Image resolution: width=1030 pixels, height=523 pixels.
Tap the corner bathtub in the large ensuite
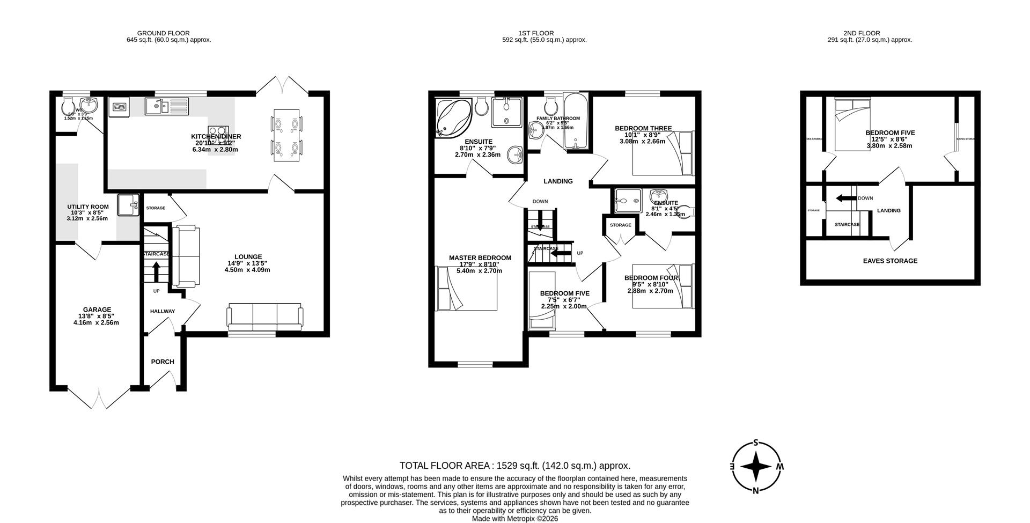(453, 117)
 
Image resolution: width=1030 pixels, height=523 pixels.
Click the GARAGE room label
(97, 310)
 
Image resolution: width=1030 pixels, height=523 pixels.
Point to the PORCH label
(163, 362)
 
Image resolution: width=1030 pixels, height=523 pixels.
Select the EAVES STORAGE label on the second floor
(890, 261)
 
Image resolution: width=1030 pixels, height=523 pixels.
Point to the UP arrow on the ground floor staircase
(156, 271)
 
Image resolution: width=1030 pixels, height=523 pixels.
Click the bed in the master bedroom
(467, 289)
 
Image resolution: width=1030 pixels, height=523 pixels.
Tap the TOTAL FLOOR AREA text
(514, 466)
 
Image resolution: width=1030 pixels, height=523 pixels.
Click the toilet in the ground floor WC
(69, 105)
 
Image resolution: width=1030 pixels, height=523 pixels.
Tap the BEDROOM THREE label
(643, 128)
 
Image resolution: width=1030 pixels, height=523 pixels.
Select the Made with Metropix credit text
(514, 519)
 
